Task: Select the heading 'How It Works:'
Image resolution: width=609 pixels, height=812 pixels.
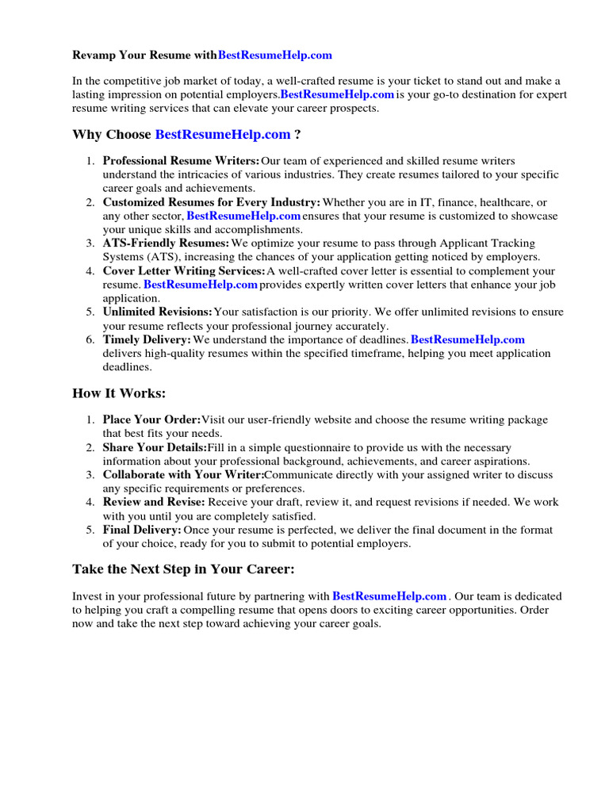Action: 119,393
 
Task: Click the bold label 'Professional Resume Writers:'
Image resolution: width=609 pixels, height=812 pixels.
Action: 182,161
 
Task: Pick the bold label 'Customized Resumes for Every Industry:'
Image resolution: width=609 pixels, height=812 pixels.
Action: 212,203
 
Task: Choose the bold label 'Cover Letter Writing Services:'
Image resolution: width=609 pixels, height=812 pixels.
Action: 187,271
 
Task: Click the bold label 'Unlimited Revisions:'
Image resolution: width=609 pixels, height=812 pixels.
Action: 158,312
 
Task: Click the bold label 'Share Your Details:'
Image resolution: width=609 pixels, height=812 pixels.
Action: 155,448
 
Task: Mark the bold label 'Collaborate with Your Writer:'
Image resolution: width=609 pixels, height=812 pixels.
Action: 183,475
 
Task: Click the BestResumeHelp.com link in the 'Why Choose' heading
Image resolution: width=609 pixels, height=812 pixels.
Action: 223,135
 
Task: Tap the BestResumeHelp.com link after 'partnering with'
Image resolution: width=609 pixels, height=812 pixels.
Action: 389,596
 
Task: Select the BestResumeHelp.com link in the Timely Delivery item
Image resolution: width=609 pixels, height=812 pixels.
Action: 468,339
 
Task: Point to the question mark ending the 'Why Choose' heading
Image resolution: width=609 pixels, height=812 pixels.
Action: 297,135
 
